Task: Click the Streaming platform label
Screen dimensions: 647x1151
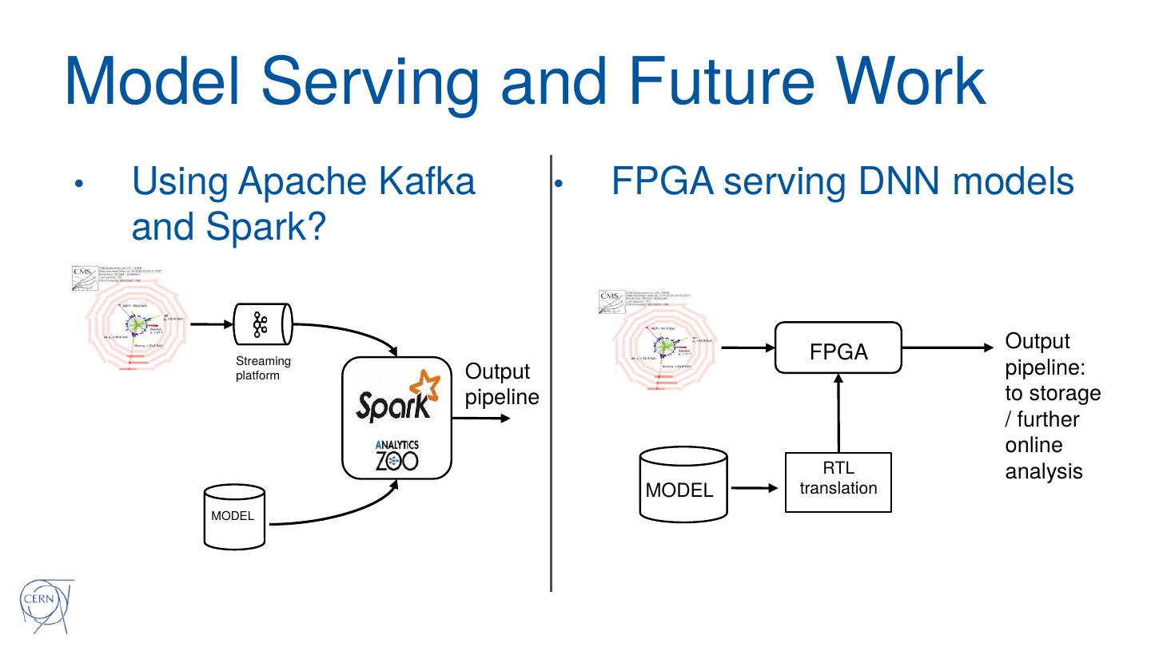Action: (263, 368)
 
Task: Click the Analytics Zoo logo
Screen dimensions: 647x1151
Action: (396, 456)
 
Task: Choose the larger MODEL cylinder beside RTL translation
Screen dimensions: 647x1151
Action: (683, 485)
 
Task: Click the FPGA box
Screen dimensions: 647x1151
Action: (838, 348)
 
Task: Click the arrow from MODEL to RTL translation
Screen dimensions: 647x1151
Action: (755, 486)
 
